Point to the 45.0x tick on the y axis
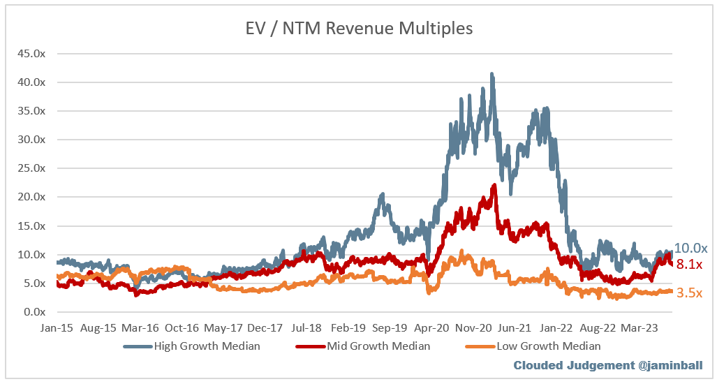click(x=31, y=53)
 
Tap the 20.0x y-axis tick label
click(x=31, y=197)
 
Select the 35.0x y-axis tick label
click(x=31, y=111)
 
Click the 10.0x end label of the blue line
click(x=690, y=249)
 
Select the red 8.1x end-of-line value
click(x=689, y=264)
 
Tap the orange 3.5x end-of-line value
click(x=689, y=293)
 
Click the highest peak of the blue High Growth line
click(x=492, y=74)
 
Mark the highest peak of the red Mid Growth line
click(x=494, y=186)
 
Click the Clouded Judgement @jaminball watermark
click(x=607, y=365)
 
